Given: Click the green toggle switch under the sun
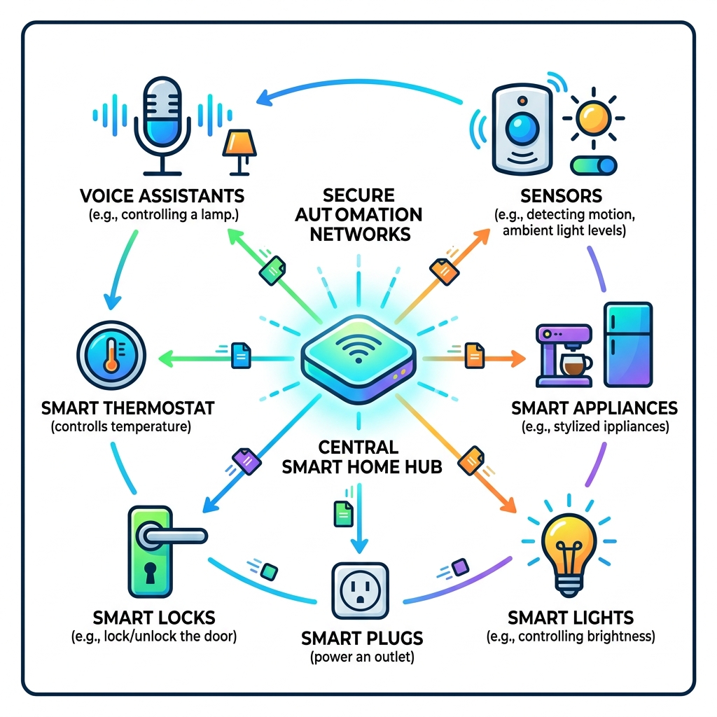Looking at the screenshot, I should coord(594,165).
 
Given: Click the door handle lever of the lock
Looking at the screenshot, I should coord(172,536).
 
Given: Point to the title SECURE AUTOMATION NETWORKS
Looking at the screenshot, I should coord(365,214).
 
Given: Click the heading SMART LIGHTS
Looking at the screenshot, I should coord(571,618).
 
